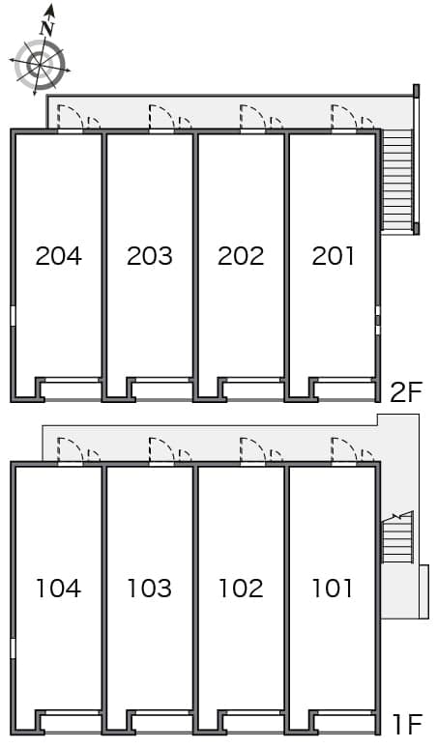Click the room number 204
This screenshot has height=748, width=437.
click(x=59, y=256)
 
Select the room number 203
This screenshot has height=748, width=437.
click(x=149, y=256)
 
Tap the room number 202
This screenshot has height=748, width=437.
click(x=241, y=256)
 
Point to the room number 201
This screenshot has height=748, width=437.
click(x=333, y=256)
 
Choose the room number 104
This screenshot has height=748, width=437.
click(x=59, y=588)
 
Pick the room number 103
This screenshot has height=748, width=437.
click(x=149, y=588)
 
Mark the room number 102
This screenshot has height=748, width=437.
click(x=241, y=588)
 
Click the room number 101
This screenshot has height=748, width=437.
click(x=333, y=588)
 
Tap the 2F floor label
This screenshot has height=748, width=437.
click(x=406, y=392)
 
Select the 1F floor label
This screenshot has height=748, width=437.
click(x=408, y=725)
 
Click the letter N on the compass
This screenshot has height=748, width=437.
click(x=46, y=29)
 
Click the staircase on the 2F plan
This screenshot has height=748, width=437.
click(x=397, y=181)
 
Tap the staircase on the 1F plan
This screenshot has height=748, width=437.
click(x=397, y=539)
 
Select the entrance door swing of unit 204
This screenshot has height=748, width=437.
click(x=70, y=117)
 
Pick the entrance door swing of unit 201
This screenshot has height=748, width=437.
click(x=343, y=117)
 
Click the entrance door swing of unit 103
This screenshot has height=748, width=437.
click(x=161, y=449)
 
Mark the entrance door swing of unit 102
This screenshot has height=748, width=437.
click(x=252, y=449)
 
